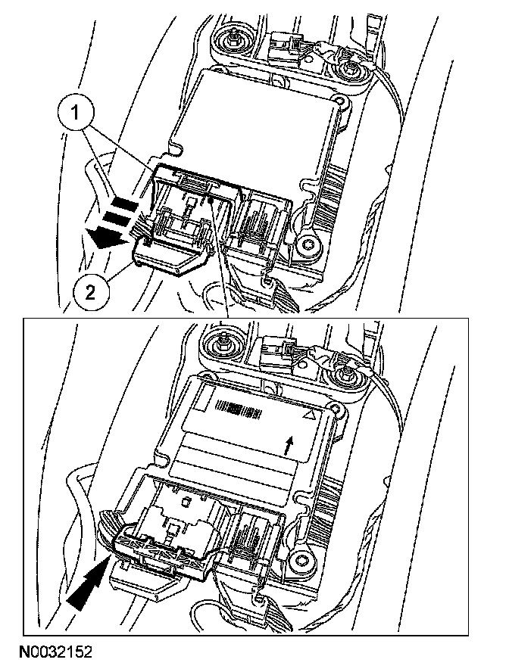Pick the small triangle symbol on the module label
(308, 415)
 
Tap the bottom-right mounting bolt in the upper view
(307, 244)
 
